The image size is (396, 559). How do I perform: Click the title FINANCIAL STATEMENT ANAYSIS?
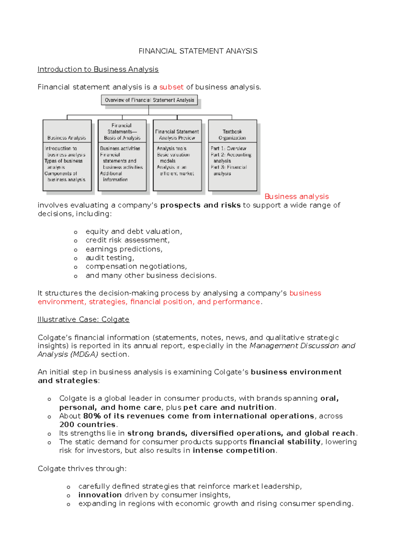pyautogui.click(x=198, y=51)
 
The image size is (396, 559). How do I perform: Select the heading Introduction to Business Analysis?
pyautogui.click(x=98, y=69)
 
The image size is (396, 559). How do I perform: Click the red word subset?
pyautogui.click(x=171, y=87)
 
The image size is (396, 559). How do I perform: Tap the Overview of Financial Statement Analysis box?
pyautogui.click(x=149, y=100)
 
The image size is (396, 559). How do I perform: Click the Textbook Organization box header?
pyautogui.click(x=232, y=134)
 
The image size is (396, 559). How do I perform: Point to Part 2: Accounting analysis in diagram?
pyautogui.click(x=231, y=158)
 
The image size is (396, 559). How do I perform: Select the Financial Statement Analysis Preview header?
pyautogui.click(x=177, y=134)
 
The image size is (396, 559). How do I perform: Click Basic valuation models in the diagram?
pyautogui.click(x=173, y=158)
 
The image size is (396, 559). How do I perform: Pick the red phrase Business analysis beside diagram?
pyautogui.click(x=296, y=196)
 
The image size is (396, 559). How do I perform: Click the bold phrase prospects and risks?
pyautogui.click(x=200, y=205)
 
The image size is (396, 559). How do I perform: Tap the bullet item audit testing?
pyautogui.click(x=110, y=258)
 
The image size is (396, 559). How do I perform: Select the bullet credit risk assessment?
pyautogui.click(x=127, y=240)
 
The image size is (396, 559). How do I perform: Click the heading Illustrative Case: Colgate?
pyautogui.click(x=83, y=319)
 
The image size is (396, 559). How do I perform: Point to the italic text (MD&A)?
pyautogui.click(x=84, y=354)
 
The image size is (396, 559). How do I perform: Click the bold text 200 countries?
pyautogui.click(x=87, y=425)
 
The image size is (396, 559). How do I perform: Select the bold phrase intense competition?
pyautogui.click(x=234, y=451)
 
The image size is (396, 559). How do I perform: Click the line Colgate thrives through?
pyautogui.click(x=82, y=469)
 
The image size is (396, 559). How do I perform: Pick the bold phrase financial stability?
pyautogui.click(x=285, y=442)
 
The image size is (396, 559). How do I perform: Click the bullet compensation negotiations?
pyautogui.click(x=136, y=266)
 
